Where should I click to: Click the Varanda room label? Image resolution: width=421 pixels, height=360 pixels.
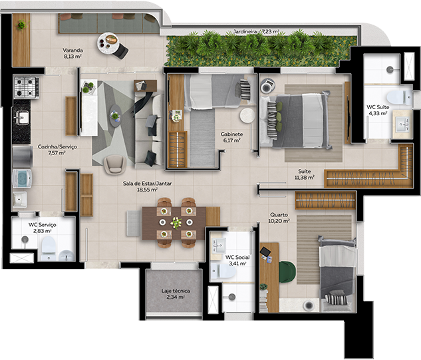pos(72,53)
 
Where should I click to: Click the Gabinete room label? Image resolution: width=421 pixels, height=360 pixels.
pos(231,137)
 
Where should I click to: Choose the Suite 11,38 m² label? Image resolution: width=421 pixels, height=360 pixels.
pos(306,174)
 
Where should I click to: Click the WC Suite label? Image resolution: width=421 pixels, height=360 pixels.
pos(378,110)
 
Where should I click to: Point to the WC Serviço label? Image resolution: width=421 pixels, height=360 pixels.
pos(42,228)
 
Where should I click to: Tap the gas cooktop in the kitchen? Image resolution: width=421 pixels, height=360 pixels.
pos(27,86)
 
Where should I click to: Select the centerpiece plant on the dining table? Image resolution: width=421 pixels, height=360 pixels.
pos(176,223)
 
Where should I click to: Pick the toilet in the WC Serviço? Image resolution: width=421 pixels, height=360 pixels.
pos(48,248)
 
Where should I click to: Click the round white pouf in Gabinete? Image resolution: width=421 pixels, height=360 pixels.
pos(247,115)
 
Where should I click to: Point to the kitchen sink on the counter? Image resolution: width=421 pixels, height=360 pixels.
pos(22,118)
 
